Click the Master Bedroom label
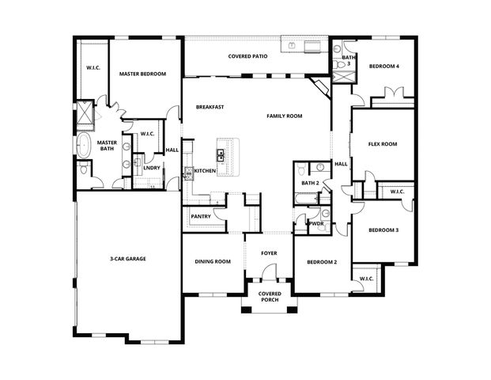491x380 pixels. (x=142, y=74)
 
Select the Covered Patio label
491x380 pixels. (x=247, y=57)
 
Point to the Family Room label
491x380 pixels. (x=285, y=116)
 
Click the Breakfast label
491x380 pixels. (x=211, y=107)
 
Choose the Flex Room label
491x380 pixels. (x=383, y=144)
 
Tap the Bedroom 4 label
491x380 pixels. (x=383, y=66)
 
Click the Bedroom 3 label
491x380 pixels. (x=383, y=230)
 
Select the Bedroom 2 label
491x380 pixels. (x=322, y=261)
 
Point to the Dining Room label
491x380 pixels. (x=213, y=261)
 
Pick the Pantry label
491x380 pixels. (x=201, y=216)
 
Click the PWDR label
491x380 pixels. (x=316, y=224)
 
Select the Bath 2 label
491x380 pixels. (x=310, y=184)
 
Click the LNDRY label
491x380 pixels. (x=152, y=168)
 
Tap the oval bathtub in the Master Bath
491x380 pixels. (x=85, y=146)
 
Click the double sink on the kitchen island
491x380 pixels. (x=222, y=154)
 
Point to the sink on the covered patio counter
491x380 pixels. (x=293, y=46)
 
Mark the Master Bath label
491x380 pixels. (x=107, y=146)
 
